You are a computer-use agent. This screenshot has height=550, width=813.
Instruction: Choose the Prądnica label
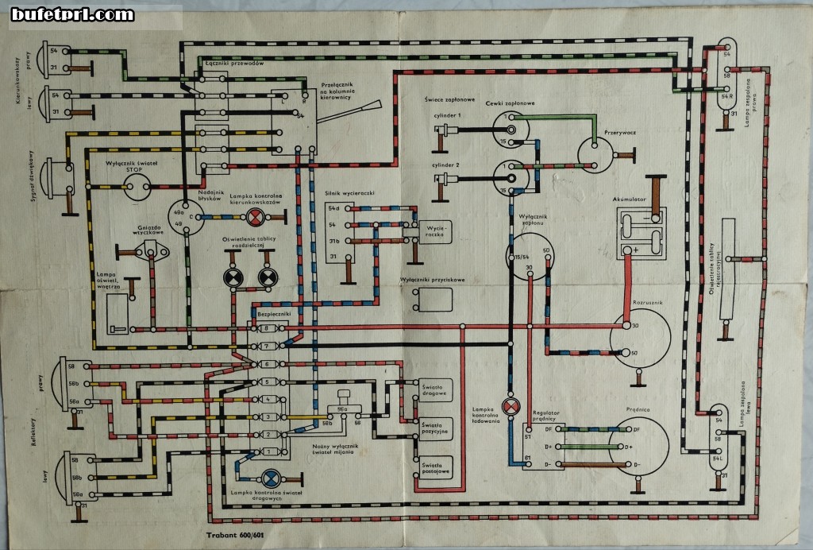638,409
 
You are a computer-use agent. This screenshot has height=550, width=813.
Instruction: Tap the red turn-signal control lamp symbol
255,216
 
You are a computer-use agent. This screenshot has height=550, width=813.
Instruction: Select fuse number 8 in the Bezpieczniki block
268,328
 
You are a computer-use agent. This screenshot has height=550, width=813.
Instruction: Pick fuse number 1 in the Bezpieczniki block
268,452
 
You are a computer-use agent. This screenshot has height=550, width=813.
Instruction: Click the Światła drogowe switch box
435,389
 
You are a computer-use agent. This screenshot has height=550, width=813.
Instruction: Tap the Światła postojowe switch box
435,468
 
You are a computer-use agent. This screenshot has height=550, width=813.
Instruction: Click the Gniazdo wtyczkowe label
150,230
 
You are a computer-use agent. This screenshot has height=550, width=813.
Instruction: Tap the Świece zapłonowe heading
449,99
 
